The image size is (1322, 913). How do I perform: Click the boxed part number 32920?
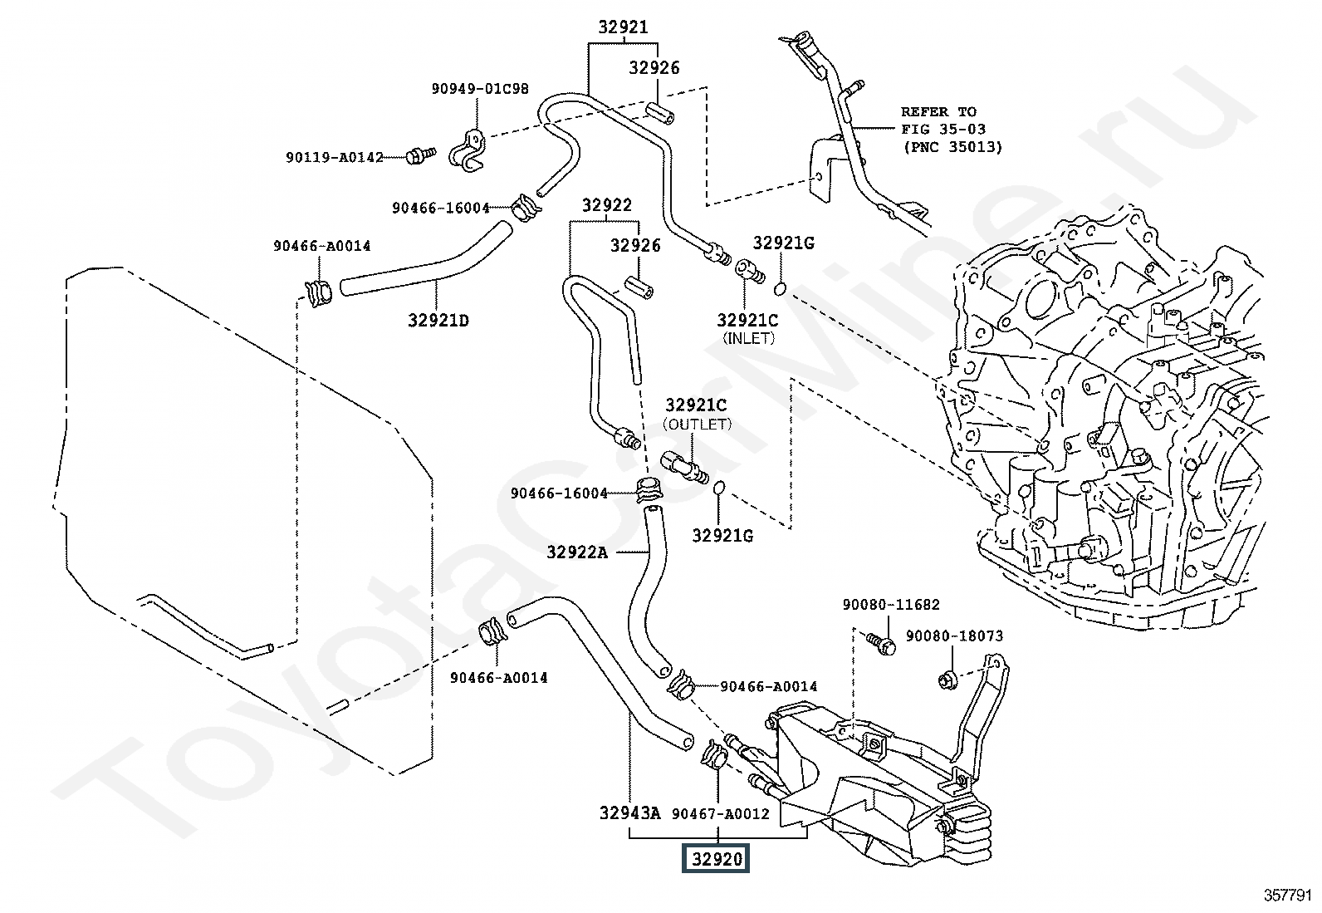(x=716, y=859)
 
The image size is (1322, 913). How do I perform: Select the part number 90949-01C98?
(x=480, y=89)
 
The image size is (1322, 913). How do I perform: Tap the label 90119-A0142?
(x=335, y=156)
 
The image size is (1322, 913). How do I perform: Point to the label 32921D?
(x=438, y=320)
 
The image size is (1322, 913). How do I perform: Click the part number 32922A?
(x=577, y=552)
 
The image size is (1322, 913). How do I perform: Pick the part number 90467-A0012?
(x=721, y=814)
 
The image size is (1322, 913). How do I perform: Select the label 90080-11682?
(x=891, y=605)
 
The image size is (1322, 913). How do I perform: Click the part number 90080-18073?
(x=954, y=636)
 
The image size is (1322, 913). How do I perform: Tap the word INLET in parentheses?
(x=748, y=338)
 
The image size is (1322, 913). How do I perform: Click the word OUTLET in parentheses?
(x=697, y=424)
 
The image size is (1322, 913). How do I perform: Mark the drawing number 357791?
(x=1288, y=895)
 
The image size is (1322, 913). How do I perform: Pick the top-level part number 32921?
(x=623, y=27)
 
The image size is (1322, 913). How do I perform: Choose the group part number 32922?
(x=606, y=205)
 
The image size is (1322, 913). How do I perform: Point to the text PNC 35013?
(x=952, y=147)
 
